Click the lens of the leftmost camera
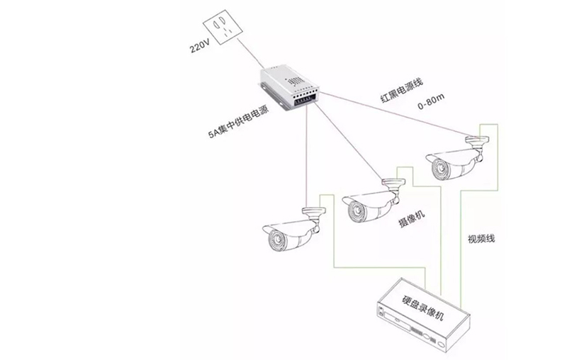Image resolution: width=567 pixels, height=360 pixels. pos(274,240)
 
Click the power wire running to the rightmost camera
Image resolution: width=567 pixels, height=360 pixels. pos(397,113)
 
